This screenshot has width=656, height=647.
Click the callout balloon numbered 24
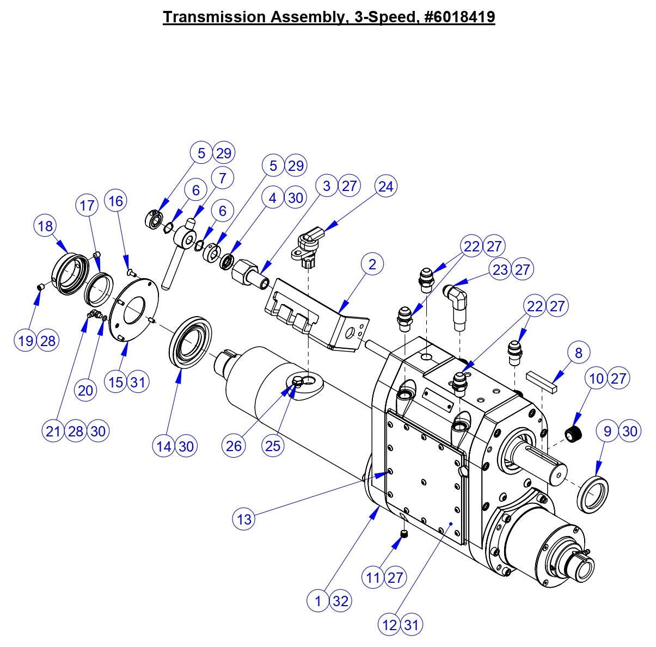pyautogui.click(x=385, y=186)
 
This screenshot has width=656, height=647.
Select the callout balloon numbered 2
pyautogui.click(x=372, y=264)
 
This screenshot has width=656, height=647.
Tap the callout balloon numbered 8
pyautogui.click(x=578, y=353)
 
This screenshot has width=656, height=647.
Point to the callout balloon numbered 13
pyautogui.click(x=244, y=519)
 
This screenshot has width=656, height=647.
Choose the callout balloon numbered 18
pyautogui.click(x=46, y=225)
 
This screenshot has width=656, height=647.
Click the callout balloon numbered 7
pyautogui.click(x=222, y=177)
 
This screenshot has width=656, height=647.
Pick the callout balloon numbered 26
pyautogui.click(x=234, y=446)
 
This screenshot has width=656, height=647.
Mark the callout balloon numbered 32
pyautogui.click(x=340, y=601)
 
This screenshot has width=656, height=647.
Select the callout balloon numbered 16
pyautogui.click(x=115, y=201)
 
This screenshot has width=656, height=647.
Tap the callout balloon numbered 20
pyautogui.click(x=86, y=390)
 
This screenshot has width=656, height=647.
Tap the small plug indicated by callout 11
pyautogui.click(x=405, y=535)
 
